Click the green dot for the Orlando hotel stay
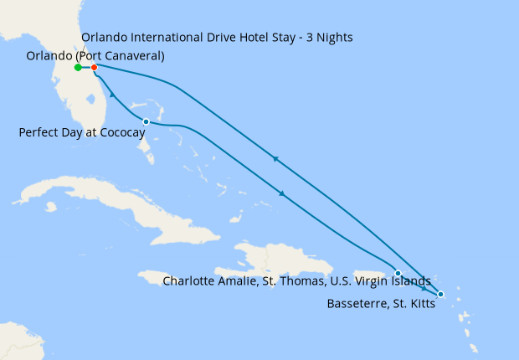[78, 67]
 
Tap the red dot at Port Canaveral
[95, 67]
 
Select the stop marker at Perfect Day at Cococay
[146, 122]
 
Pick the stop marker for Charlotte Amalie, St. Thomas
[398, 274]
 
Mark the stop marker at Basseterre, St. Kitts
[440, 294]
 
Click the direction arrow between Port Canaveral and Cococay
[112, 97]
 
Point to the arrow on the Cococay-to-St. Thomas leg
[283, 194]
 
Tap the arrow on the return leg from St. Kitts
[275, 158]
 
